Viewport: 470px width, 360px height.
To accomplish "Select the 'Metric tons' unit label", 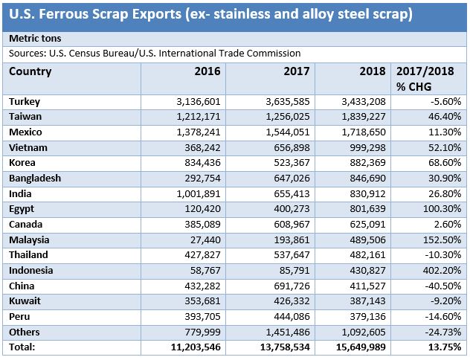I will [x=36, y=38].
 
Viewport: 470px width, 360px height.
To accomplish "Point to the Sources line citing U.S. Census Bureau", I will [x=155, y=53].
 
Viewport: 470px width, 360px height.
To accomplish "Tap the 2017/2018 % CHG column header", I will [x=429, y=79].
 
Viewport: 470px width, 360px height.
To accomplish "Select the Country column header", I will [x=30, y=71].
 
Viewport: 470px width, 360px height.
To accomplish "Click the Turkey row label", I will [x=25, y=101].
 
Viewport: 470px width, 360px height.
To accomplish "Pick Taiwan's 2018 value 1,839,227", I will [x=360, y=117].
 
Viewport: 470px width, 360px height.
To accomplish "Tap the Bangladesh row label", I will [x=34, y=179].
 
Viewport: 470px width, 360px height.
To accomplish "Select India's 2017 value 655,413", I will [x=283, y=193].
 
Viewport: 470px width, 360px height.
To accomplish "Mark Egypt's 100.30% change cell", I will [x=442, y=209].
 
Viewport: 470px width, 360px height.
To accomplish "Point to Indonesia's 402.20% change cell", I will [x=442, y=271].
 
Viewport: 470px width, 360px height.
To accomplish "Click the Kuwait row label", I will [x=25, y=301].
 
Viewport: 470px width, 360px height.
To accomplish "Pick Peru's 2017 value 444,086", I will [x=283, y=316].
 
